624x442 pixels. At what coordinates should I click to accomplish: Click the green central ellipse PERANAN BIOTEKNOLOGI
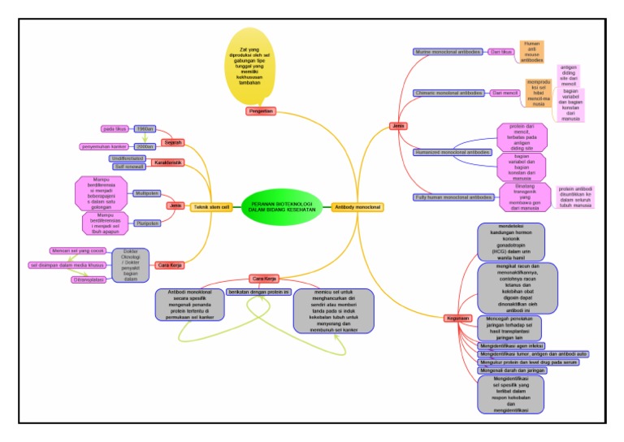(285, 206)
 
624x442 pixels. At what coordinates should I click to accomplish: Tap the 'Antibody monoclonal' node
(358, 207)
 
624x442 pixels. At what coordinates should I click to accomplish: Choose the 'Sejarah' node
(173, 142)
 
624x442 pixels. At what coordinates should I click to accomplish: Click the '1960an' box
(145, 128)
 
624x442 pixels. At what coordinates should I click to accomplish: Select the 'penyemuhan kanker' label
(106, 146)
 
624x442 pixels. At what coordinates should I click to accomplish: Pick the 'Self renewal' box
(130, 167)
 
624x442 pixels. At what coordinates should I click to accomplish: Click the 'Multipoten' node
(147, 193)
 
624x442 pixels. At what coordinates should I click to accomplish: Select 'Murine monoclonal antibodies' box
(447, 51)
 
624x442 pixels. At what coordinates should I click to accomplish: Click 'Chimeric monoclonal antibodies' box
(448, 93)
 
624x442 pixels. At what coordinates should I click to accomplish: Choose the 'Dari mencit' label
(505, 93)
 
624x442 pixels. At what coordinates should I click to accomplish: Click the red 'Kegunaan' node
(457, 318)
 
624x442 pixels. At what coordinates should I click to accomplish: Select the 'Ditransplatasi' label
(89, 279)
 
